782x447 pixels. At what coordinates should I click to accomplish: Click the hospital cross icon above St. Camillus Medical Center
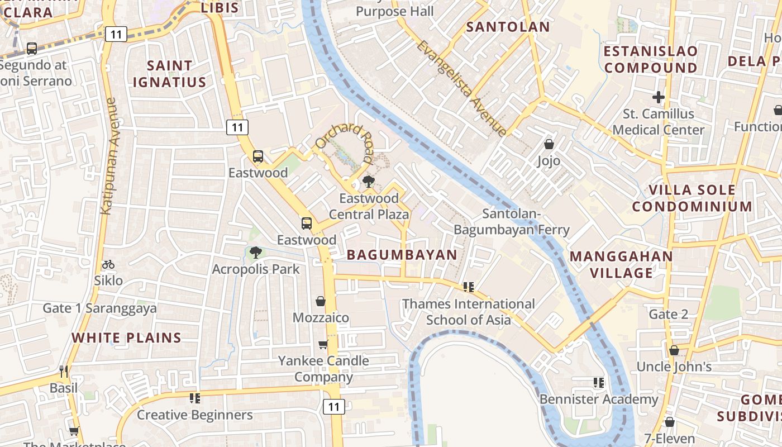(x=659, y=97)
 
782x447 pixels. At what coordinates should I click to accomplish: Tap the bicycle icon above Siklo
(x=108, y=264)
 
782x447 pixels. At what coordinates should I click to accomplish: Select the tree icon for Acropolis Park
(x=255, y=253)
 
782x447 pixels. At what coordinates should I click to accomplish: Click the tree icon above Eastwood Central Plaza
(x=368, y=182)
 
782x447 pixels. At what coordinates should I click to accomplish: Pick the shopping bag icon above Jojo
(x=549, y=144)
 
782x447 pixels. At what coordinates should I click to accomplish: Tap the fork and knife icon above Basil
(x=64, y=371)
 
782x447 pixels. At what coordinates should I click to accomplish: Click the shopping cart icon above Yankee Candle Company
(x=323, y=344)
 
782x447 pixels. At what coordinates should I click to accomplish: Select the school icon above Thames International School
(x=468, y=287)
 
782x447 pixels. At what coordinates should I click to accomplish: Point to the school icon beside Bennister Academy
(x=598, y=383)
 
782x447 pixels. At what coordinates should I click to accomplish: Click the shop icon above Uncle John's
(x=674, y=350)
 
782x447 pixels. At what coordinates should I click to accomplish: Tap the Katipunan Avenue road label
(x=108, y=156)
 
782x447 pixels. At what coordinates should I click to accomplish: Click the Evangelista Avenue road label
(x=461, y=88)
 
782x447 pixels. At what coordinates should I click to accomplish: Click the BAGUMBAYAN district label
(x=402, y=255)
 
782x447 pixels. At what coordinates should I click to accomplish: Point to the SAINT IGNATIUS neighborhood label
(x=169, y=74)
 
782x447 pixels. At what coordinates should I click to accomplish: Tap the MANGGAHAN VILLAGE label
(x=621, y=264)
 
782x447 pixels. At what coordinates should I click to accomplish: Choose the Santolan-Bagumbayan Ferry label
(x=511, y=222)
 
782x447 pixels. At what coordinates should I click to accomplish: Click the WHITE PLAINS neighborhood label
(x=126, y=337)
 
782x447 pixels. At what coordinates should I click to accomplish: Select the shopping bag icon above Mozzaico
(x=321, y=301)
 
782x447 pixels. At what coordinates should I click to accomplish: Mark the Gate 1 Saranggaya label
(x=99, y=308)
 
